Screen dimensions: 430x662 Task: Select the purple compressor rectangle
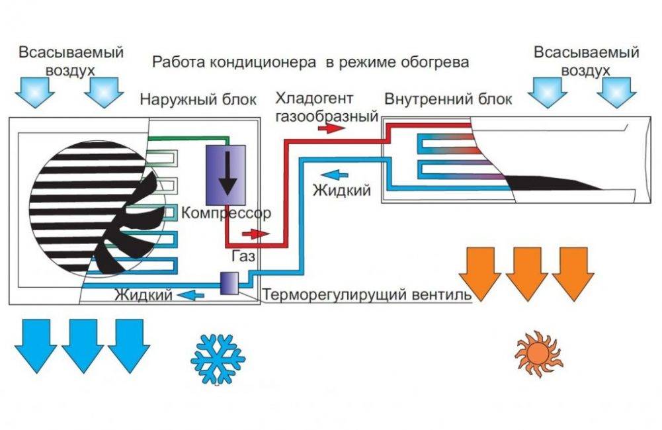(x=226, y=174)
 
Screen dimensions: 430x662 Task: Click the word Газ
(x=242, y=254)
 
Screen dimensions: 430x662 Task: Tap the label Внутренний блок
(x=448, y=100)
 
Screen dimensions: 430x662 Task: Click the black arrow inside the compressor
(x=229, y=173)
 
